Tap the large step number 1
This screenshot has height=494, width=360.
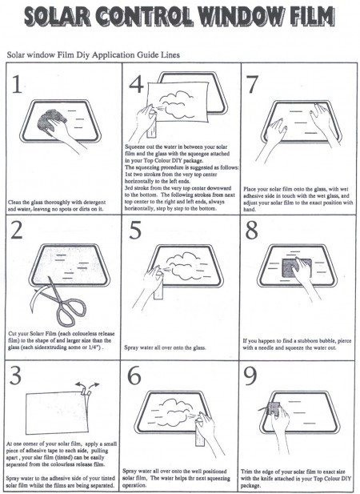pyautogui.click(x=17, y=87)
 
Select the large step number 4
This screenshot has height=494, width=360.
pyautogui.click(x=135, y=83)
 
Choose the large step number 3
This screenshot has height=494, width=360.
pyautogui.click(x=17, y=376)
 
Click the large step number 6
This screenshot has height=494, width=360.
pyautogui.click(x=136, y=376)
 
